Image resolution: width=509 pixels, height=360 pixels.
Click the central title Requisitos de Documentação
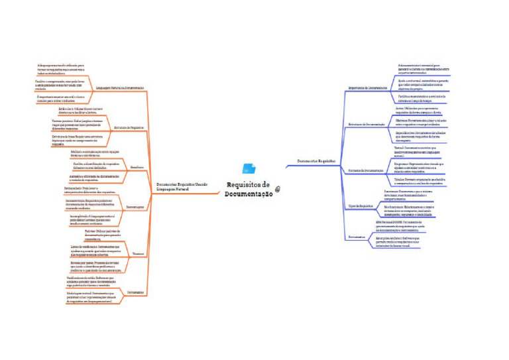[x=249, y=189]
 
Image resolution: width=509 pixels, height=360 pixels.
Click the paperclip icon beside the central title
[x=278, y=189]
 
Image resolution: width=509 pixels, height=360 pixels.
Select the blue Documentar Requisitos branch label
[x=316, y=161]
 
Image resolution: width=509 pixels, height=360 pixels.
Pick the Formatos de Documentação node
[x=367, y=171]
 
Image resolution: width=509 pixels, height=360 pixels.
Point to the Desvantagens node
[x=135, y=208]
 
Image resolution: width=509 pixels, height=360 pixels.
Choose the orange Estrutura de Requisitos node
[x=129, y=127]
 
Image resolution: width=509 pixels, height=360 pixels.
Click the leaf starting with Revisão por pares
[x=95, y=267]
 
